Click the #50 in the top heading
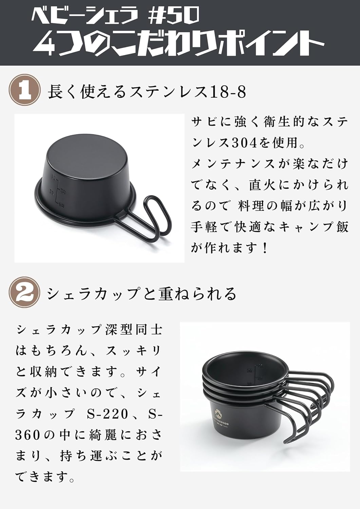(177, 16)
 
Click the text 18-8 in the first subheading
(228, 92)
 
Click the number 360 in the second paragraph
(27, 435)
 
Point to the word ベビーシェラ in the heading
(85, 16)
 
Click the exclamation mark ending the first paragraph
(265, 248)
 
